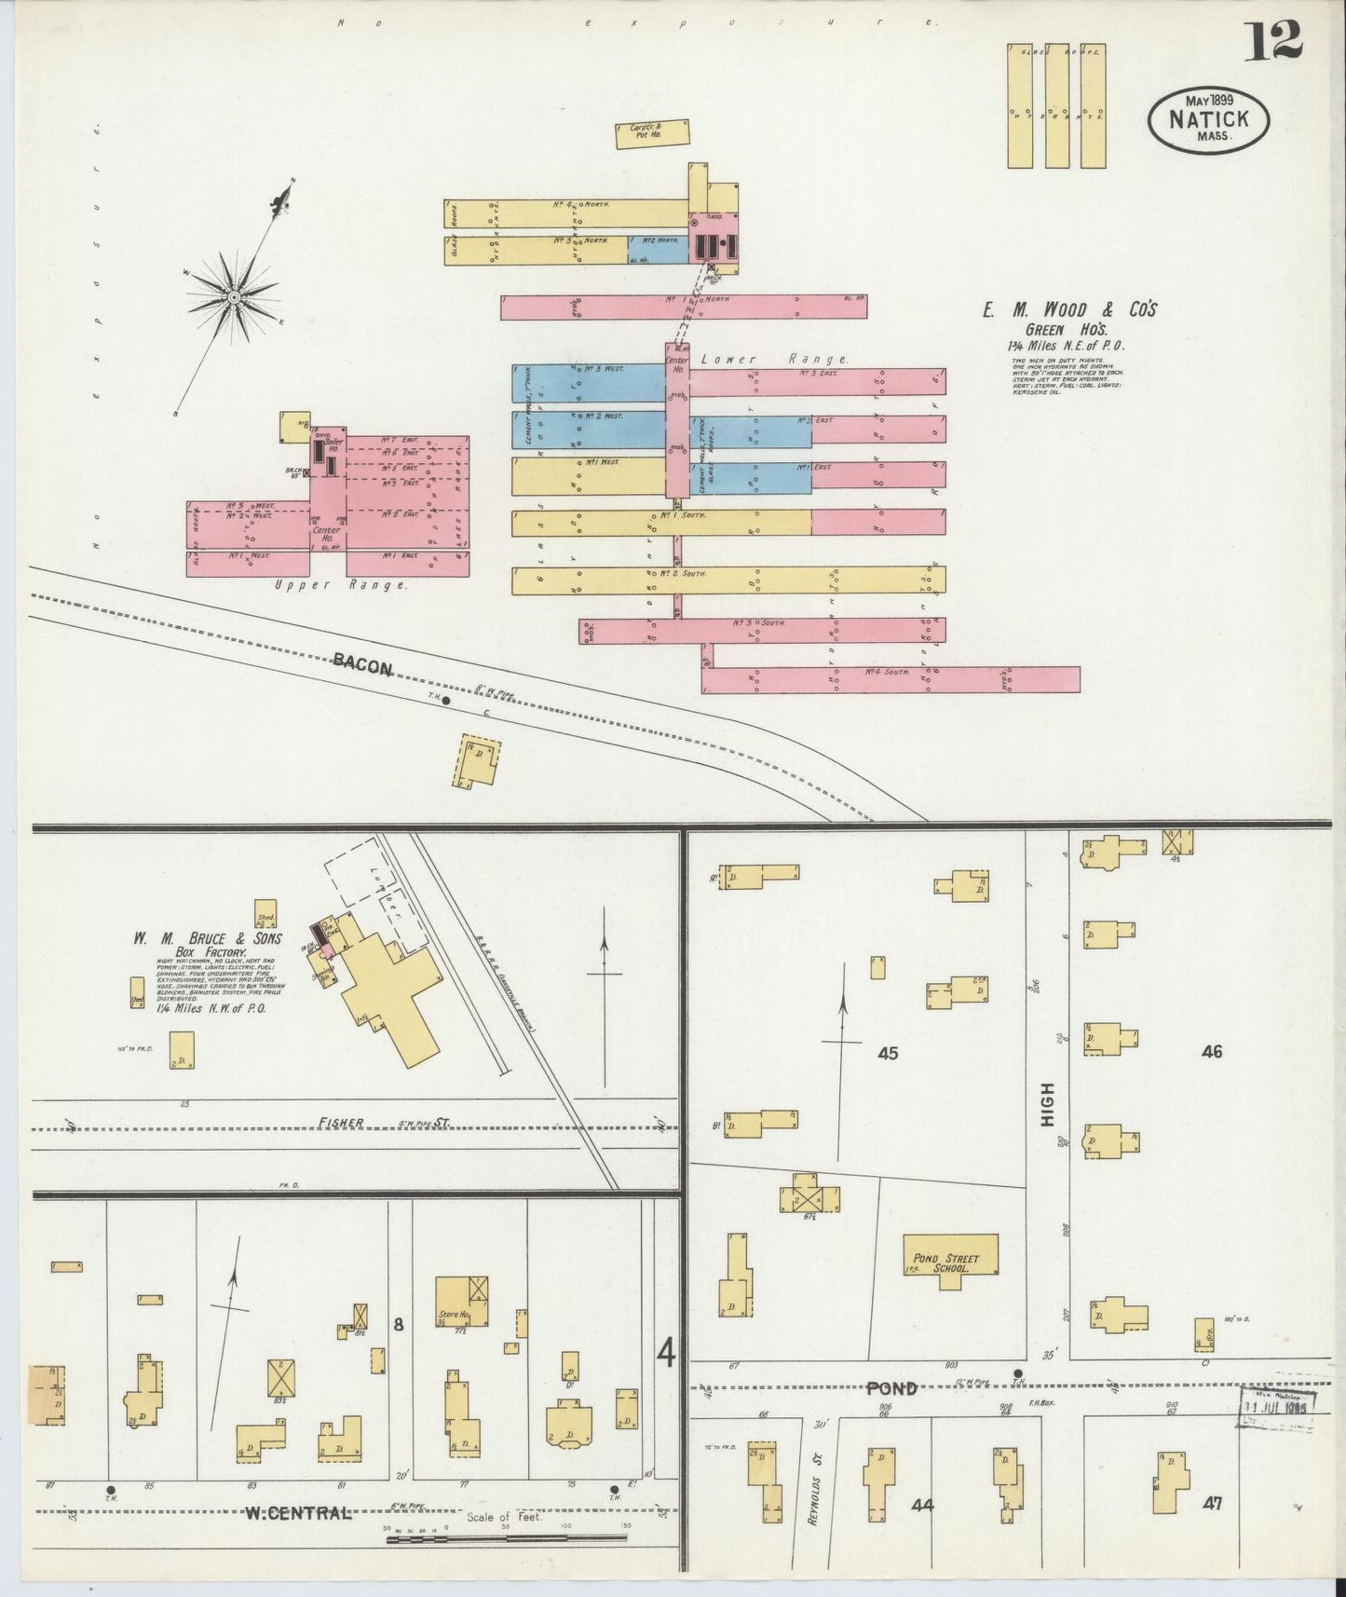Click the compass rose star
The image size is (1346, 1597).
coord(235,296)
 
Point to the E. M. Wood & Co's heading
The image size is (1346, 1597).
coord(1068,309)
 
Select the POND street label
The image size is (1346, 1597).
coord(891,1387)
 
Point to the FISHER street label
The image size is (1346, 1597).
coord(341,1123)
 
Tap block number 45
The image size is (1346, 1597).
coord(888,1053)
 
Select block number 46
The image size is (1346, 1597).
coord(1211,1051)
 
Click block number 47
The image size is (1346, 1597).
coord(1211,1502)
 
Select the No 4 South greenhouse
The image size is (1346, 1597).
coord(890,679)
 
